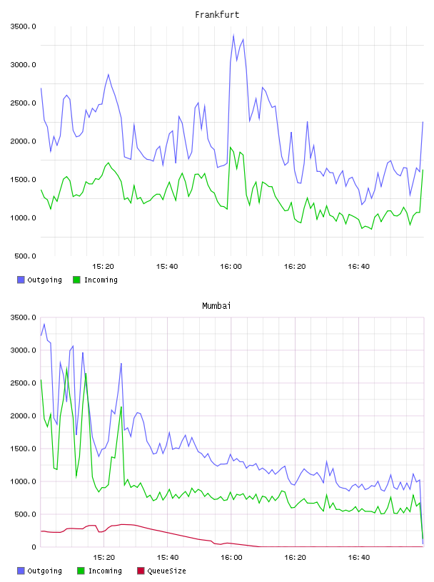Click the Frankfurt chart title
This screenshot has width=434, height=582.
(x=217, y=15)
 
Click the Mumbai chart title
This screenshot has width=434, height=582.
(x=216, y=306)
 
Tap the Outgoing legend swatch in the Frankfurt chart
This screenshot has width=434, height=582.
(x=21, y=280)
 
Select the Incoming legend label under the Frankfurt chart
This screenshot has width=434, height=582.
(x=101, y=280)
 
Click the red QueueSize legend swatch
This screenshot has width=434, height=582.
(x=141, y=571)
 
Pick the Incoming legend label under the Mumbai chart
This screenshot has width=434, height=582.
(x=105, y=571)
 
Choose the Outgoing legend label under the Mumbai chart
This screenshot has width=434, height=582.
(x=44, y=571)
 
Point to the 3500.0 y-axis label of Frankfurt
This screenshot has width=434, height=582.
(x=23, y=26)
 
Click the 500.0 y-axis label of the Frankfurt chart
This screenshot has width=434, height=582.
(x=25, y=256)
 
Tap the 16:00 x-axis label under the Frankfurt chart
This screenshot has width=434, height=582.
(x=231, y=267)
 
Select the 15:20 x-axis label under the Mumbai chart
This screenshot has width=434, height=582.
(x=104, y=558)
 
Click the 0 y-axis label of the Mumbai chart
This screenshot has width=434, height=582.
(x=34, y=547)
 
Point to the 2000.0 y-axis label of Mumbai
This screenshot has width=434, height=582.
(x=23, y=416)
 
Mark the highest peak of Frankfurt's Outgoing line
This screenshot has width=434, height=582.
(x=233, y=35)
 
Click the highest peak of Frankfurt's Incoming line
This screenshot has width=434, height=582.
(x=231, y=148)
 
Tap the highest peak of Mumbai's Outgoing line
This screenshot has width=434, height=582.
(x=44, y=324)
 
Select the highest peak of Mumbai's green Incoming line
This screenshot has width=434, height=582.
(x=67, y=367)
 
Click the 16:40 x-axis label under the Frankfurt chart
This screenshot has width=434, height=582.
(x=358, y=267)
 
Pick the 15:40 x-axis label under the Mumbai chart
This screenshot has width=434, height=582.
(x=168, y=558)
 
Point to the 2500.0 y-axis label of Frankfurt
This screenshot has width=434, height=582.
(x=23, y=103)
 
